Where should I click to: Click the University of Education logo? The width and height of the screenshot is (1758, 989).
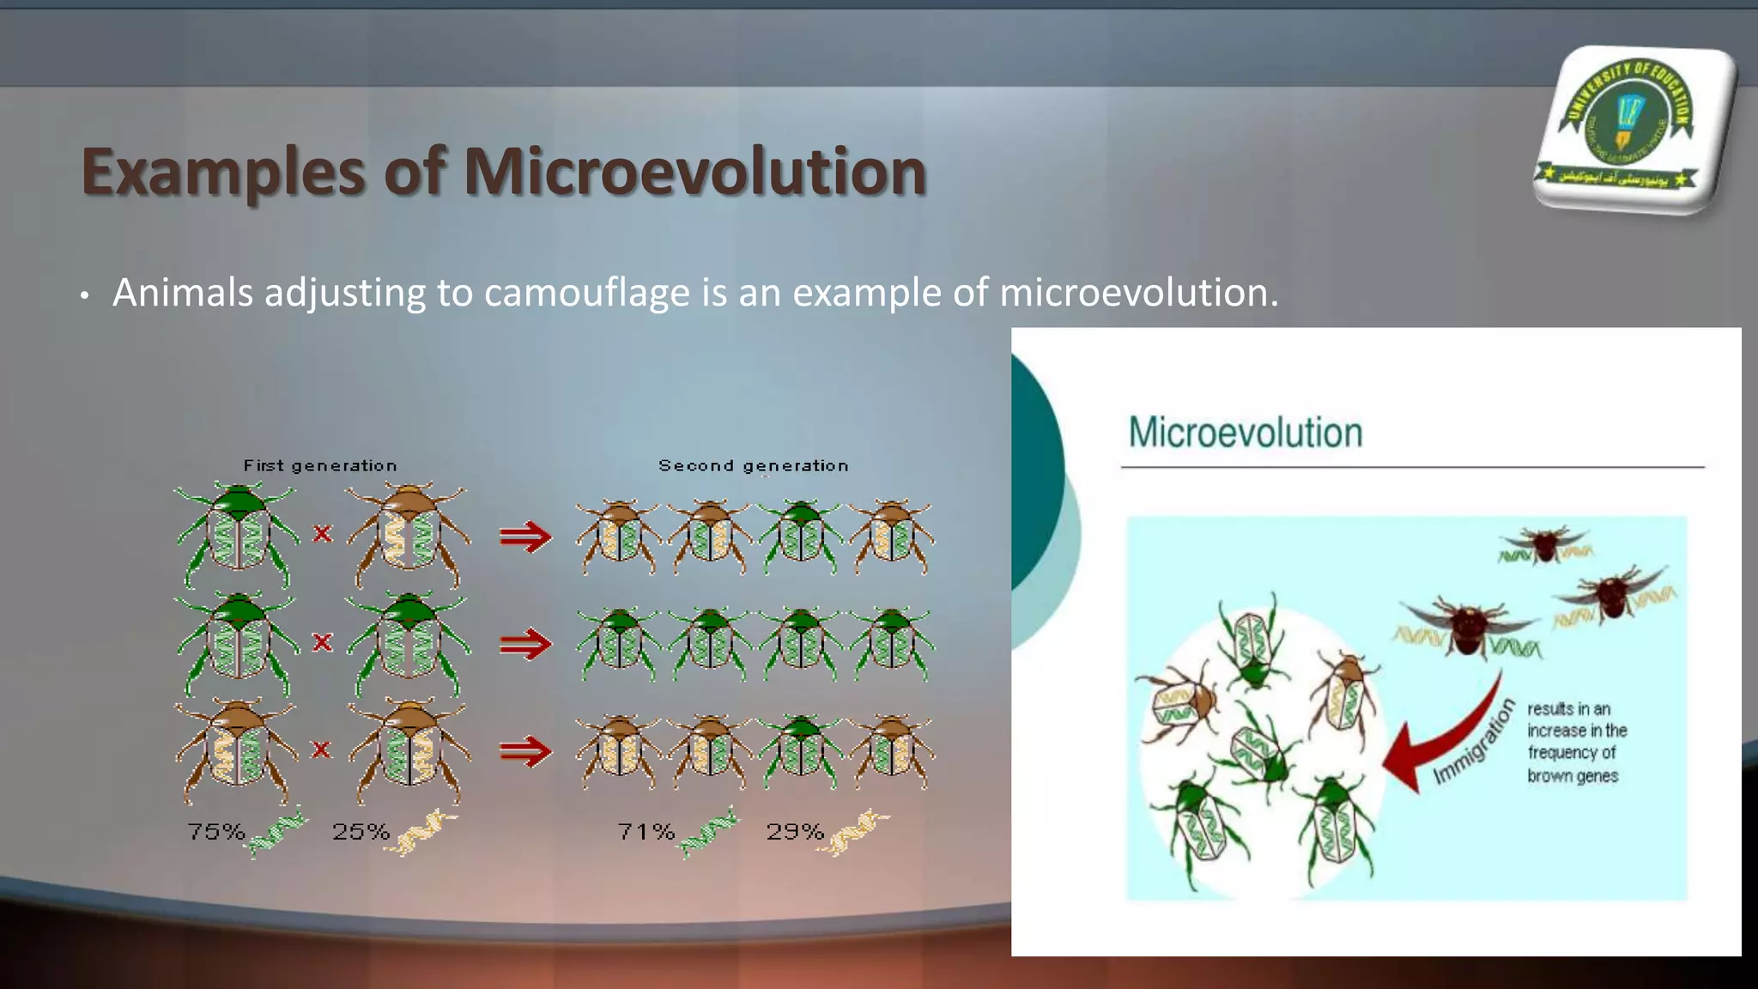pos(1633,129)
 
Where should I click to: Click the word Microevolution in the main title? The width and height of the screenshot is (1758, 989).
pos(694,172)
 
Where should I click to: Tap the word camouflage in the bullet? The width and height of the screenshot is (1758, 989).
pos(586,293)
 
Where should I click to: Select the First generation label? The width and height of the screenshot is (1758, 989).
pos(320,465)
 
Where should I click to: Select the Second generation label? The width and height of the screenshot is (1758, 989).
pos(753,465)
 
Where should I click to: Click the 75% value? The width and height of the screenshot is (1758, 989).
pos(216,831)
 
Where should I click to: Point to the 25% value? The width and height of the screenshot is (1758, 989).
pos(361,831)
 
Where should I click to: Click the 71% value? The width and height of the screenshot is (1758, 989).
pos(646,831)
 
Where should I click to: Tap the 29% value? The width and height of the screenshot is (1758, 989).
pos(795,831)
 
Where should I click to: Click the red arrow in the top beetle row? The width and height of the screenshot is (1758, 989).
pos(524,537)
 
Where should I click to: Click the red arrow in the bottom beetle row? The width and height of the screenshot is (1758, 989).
pos(524,751)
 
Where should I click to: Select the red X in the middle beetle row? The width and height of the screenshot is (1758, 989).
pos(322,642)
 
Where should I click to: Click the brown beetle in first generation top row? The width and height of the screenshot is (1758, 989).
pos(409,534)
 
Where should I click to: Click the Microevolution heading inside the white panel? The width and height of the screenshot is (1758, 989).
pos(1245,433)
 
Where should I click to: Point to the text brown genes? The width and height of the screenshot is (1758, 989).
pos(1572,776)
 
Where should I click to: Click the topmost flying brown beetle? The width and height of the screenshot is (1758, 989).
pos(1544,545)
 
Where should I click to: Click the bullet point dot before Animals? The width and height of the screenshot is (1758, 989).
pos(84,296)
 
